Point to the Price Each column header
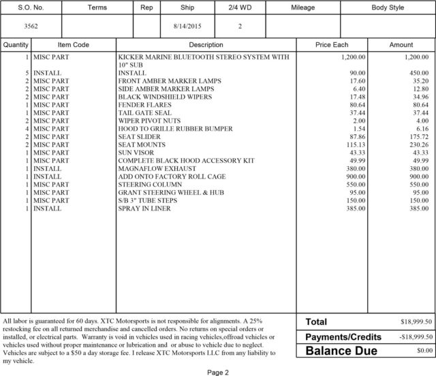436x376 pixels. (x=332, y=44)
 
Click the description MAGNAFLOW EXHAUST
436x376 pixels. (x=157, y=168)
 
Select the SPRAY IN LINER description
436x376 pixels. (x=148, y=208)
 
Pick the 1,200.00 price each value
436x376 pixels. (x=353, y=58)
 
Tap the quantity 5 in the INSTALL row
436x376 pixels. (x=27, y=72)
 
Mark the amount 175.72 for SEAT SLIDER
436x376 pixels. (x=417, y=136)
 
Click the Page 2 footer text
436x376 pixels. (x=217, y=372)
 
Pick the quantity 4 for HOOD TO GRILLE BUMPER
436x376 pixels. (x=27, y=128)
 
